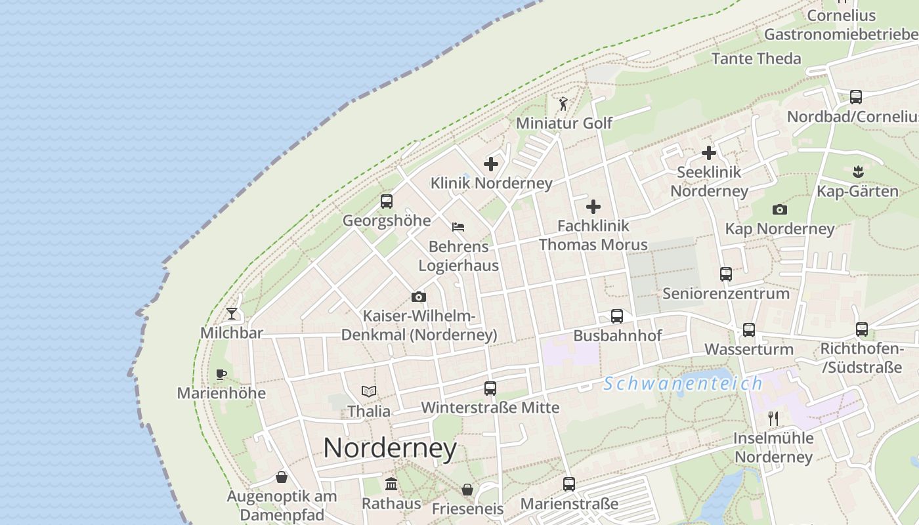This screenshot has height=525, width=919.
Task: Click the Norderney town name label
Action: pyautogui.click(x=390, y=448)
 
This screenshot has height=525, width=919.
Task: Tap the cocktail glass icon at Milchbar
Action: pyautogui.click(x=232, y=313)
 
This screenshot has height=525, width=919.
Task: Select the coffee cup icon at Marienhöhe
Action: pyautogui.click(x=221, y=374)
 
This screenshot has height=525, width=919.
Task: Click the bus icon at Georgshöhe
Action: pyautogui.click(x=387, y=201)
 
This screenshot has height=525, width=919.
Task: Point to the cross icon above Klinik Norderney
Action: pyautogui.click(x=491, y=164)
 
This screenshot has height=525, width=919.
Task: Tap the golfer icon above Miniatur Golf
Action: pyautogui.click(x=563, y=104)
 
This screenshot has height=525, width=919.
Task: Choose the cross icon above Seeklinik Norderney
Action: pyautogui.click(x=709, y=153)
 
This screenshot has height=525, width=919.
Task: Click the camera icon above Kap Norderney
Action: pyautogui.click(x=780, y=210)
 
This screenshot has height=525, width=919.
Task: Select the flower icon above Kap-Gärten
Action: pyautogui.click(x=857, y=173)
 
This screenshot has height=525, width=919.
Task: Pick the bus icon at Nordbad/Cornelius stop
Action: pyautogui.click(x=856, y=97)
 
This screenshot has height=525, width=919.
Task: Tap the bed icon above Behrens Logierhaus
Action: pyautogui.click(x=458, y=227)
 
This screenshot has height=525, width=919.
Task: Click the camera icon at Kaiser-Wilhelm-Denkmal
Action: pyautogui.click(x=418, y=297)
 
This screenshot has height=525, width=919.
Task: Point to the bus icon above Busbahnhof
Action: pyautogui.click(x=617, y=316)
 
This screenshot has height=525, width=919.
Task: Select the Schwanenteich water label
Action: pyautogui.click(x=683, y=383)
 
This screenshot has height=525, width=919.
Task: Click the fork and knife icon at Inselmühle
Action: pyautogui.click(x=773, y=419)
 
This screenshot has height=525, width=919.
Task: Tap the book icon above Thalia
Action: pyautogui.click(x=369, y=392)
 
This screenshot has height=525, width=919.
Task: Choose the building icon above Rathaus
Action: pyautogui.click(x=392, y=484)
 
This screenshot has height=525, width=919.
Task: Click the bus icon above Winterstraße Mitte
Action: pyautogui.click(x=490, y=388)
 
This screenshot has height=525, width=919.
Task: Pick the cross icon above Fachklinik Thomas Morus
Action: pyautogui.click(x=593, y=207)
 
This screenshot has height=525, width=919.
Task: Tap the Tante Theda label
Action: pyautogui.click(x=756, y=58)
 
